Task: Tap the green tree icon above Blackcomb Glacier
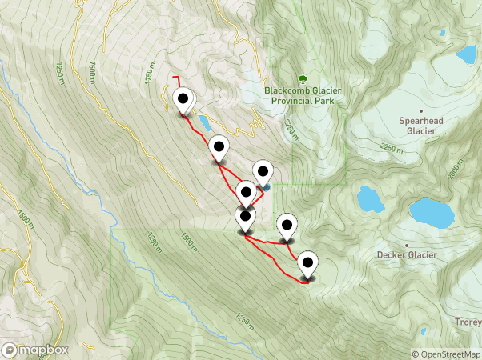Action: click(303, 78)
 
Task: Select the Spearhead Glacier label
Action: click(421, 125)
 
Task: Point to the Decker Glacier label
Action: click(407, 255)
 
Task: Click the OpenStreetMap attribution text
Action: click(447, 354)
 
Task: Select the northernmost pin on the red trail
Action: click(183, 102)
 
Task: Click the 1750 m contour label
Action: click(149, 77)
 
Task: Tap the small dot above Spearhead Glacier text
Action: click(421, 111)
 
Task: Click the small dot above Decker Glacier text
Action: click(407, 242)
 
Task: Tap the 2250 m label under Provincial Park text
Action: click(291, 130)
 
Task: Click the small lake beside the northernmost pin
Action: click(205, 122)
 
